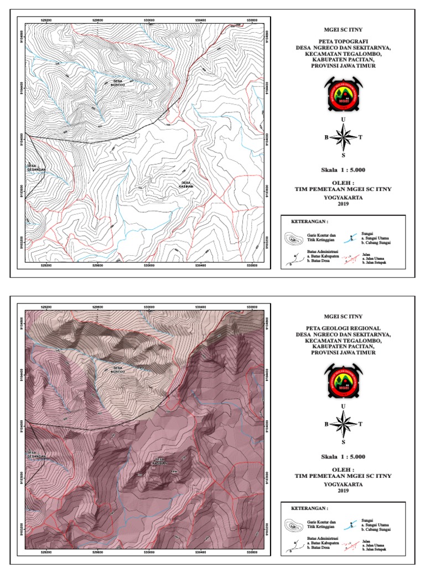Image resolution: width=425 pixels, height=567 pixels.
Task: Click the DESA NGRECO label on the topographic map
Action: [117, 83]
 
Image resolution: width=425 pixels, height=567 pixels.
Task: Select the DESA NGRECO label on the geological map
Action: [117, 369]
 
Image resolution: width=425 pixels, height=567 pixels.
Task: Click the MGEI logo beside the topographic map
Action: [343, 92]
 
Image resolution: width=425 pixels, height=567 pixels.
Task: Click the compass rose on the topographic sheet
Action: [344, 137]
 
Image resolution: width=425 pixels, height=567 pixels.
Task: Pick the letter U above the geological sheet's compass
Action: [344, 406]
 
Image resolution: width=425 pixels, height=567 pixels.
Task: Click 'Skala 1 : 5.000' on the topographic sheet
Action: [343, 169]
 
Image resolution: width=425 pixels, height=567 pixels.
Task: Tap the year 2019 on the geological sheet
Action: [343, 491]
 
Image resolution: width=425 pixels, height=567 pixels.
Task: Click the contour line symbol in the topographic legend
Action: [294, 239]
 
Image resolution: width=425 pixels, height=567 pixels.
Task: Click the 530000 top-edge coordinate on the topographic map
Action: [149, 19]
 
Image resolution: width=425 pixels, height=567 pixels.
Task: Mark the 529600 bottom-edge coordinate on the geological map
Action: [98, 552]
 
